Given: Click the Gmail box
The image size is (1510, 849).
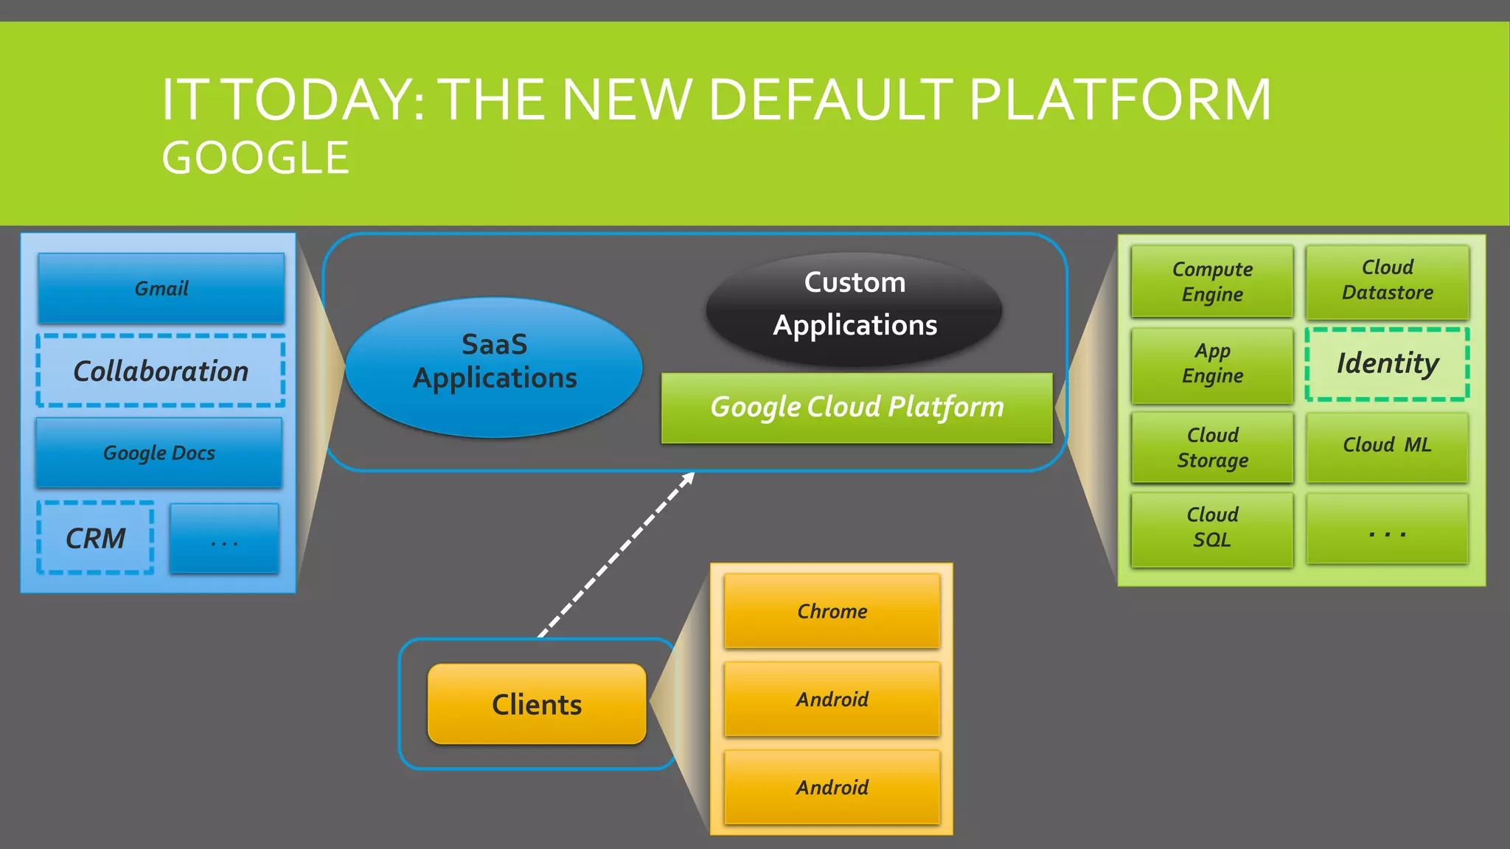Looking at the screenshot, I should point(161,288).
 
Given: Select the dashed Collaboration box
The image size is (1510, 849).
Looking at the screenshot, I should point(161,371).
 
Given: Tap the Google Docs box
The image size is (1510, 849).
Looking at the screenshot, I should point(159,453).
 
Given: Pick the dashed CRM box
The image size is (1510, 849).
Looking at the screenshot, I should point(96,538).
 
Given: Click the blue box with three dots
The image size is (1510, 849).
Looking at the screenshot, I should point(224,539).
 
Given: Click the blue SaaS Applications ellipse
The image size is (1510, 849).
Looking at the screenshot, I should point(494,367).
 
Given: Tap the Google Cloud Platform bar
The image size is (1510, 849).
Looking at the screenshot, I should point(857,408).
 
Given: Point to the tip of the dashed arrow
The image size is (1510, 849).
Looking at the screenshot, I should point(692,475).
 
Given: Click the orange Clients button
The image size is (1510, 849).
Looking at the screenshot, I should point(537,705).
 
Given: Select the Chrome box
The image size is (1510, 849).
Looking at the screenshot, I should point(832,611).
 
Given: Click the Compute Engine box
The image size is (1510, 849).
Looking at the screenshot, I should point(1212,282).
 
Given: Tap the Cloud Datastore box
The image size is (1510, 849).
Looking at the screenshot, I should point(1387,281).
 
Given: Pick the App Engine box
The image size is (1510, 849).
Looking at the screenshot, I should point(1212,365).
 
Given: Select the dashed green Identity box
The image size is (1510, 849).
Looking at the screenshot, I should point(1387,364).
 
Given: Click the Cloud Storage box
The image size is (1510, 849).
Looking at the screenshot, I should point(1212,447).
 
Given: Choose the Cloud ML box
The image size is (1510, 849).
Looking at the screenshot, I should point(1387,446).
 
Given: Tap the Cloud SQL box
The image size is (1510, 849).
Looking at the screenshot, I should point(1212,528).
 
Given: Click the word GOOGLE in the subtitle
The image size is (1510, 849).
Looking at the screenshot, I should point(255,158).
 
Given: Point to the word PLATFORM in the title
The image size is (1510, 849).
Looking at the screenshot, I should point(1119,100).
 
